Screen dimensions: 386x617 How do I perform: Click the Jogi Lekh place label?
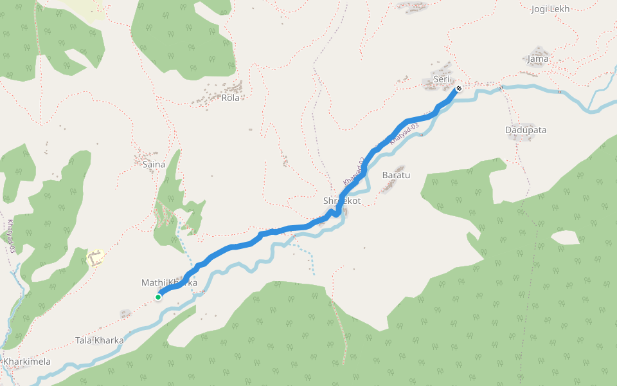click(551, 9)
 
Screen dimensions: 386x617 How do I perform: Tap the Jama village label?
click(538, 59)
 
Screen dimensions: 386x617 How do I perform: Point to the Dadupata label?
click(526, 130)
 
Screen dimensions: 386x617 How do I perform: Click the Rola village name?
click(230, 98)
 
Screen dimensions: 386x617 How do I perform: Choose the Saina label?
click(154, 165)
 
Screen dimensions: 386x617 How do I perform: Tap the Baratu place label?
click(396, 175)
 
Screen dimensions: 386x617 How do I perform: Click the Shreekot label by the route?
click(342, 201)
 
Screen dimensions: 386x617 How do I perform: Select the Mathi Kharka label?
click(169, 283)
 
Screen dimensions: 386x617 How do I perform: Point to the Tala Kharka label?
click(99, 340)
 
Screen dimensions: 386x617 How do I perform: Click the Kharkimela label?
click(27, 362)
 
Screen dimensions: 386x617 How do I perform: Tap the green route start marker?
click(158, 297)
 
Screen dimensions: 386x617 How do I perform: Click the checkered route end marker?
click(459, 88)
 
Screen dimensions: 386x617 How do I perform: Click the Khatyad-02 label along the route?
click(354, 172)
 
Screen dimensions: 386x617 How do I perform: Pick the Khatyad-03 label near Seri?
click(404, 133)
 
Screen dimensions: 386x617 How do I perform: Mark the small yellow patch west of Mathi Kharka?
click(96, 257)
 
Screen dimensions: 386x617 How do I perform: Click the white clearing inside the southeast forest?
click(565, 237)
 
